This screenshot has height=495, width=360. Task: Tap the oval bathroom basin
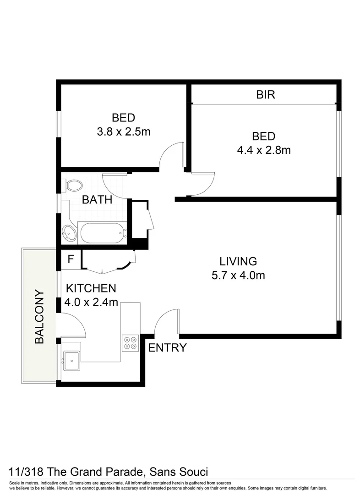coord(69,233)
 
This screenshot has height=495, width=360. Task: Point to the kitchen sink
coord(71,361)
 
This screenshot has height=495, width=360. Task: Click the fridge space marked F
coord(71,259)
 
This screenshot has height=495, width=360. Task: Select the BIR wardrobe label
coord(265,95)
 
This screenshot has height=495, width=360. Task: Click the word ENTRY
coord(167,348)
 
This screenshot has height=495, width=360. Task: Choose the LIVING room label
coord(238,262)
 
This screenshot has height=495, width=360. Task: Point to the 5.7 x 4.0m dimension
coord(238,275)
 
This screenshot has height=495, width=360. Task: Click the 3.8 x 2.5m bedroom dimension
coord(123,132)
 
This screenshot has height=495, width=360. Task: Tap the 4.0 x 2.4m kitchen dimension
coord(92,302)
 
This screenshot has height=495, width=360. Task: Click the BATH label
coord(97,200)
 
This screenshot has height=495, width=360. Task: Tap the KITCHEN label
coord(91,288)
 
